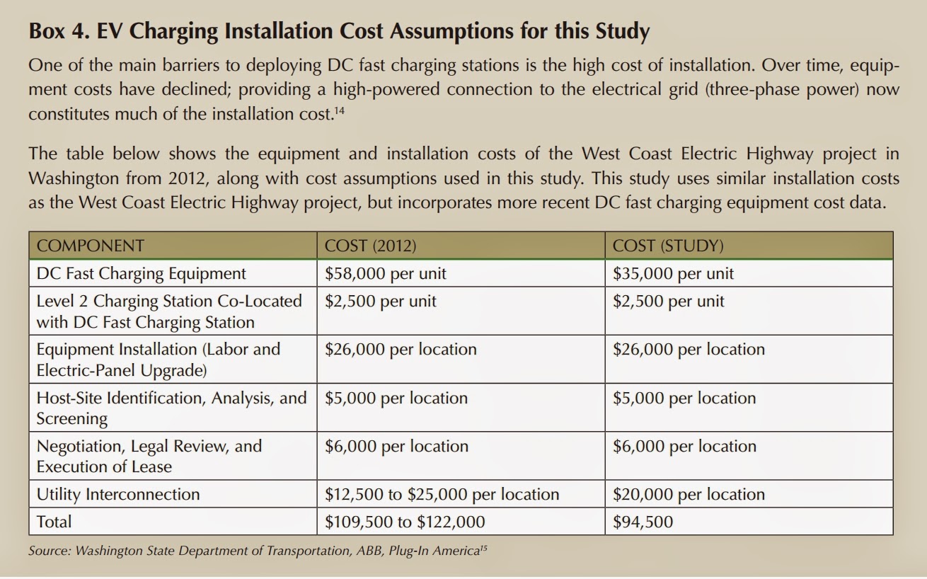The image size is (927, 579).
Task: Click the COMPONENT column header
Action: pyautogui.click(x=90, y=246)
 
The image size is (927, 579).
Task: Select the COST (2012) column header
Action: pyautogui.click(x=370, y=246)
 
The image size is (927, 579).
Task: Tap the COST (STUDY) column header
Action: pyautogui.click(x=668, y=246)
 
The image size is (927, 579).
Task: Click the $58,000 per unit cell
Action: pyautogui.click(x=385, y=273)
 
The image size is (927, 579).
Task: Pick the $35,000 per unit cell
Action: pyautogui.click(x=673, y=273)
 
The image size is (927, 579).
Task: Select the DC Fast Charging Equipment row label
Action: pyautogui.click(x=141, y=273)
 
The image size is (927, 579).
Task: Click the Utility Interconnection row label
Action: pyautogui.click(x=118, y=494)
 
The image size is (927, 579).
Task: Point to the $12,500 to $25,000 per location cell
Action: pyautogui.click(x=442, y=494)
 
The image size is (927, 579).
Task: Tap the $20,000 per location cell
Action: pyautogui.click(x=689, y=494)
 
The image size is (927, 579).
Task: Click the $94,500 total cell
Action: pyautogui.click(x=643, y=522)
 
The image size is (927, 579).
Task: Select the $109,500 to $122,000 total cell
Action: pyautogui.click(x=405, y=522)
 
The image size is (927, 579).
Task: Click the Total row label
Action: pyautogui.click(x=54, y=522)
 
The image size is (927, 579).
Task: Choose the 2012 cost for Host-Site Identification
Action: pyautogui.click(x=396, y=398)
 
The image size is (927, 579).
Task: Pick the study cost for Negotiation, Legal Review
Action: pyautogui.click(x=684, y=446)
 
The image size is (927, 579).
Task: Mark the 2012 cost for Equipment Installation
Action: pyautogui.click(x=401, y=349)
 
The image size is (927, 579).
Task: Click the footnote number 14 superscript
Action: pyautogui.click(x=340, y=110)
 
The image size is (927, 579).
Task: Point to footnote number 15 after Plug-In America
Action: pyautogui.click(x=483, y=549)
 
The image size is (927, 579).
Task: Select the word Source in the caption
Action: pyautogui.click(x=50, y=551)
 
